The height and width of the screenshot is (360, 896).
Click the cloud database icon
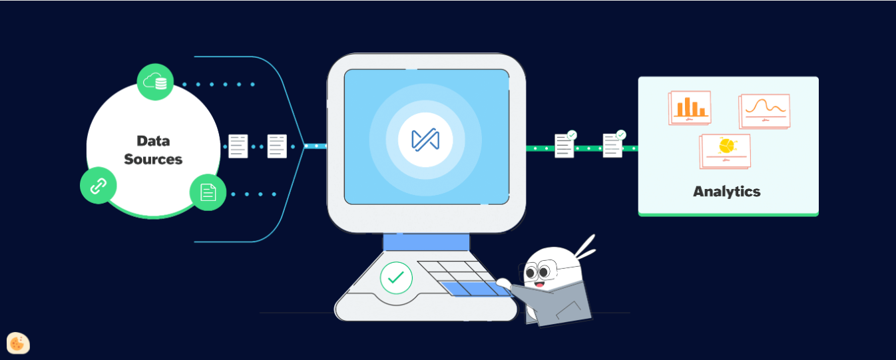(155, 82)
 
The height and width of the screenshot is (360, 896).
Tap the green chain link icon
(99, 186)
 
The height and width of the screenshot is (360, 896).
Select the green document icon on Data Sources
(208, 192)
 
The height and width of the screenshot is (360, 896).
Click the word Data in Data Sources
(153, 141)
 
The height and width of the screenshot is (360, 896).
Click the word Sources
(153, 159)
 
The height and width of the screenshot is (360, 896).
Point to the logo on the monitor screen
(425, 140)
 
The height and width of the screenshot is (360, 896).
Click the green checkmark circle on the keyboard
(396, 278)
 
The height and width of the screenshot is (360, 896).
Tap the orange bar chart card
(690, 108)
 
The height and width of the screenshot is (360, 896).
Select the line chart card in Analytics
(764, 111)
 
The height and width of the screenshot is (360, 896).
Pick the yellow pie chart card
(725, 152)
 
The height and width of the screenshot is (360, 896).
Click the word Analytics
(727, 192)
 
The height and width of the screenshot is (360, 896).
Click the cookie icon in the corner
(18, 343)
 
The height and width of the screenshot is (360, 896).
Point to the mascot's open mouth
(540, 285)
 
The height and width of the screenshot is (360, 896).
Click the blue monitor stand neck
(427, 242)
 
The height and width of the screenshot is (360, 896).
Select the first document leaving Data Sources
(238, 146)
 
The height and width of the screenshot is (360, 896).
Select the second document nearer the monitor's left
(277, 146)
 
